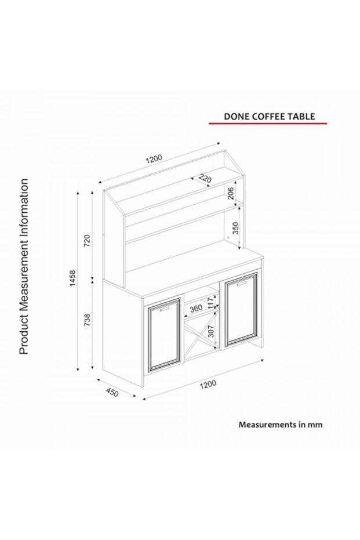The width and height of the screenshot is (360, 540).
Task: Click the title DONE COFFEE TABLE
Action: coord(269,117)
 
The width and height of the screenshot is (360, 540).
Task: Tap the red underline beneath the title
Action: coord(268,123)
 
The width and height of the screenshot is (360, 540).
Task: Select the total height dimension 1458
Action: coord(72,278)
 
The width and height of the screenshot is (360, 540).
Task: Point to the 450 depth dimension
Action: coord(112,392)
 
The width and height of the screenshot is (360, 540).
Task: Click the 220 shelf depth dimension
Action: coord(205,179)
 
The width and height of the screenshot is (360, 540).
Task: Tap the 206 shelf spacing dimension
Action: coord(231,193)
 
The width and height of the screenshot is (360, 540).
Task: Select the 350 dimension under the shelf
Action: coord(235,229)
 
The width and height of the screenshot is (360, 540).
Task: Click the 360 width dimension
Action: coord(196,308)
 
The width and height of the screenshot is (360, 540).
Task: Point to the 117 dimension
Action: coord(210,303)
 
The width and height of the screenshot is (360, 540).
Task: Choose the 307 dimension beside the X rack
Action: coord(211,332)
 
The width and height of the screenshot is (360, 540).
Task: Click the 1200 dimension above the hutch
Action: coord(154,159)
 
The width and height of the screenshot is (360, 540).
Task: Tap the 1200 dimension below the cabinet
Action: coord(208,384)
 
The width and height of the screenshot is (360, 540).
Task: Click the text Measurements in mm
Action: coord(281,425)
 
